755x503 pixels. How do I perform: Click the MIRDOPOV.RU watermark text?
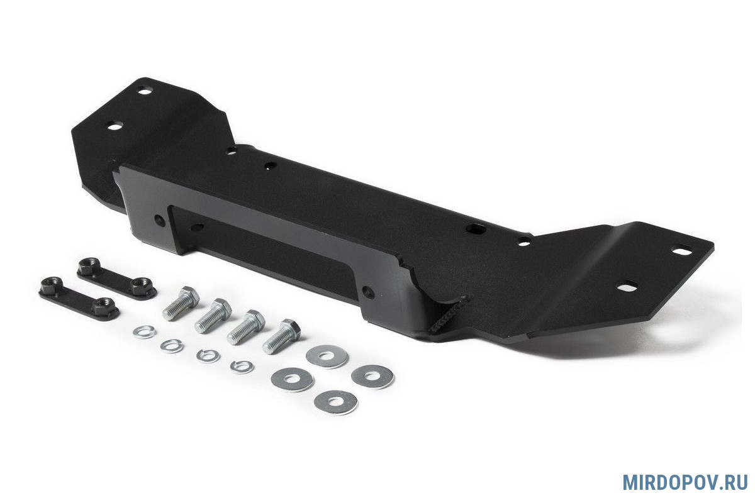coord(685,482)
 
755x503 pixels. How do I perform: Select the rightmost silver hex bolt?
coord(281,336)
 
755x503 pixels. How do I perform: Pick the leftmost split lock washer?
coord(144,332)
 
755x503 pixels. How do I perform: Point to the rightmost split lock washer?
coord(242,367)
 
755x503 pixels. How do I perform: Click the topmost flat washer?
coord(327,356)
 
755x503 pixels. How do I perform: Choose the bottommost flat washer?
coord(336,402)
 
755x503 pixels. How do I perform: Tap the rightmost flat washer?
coord(372,376)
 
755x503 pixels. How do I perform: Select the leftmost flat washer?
coord(292,379)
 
